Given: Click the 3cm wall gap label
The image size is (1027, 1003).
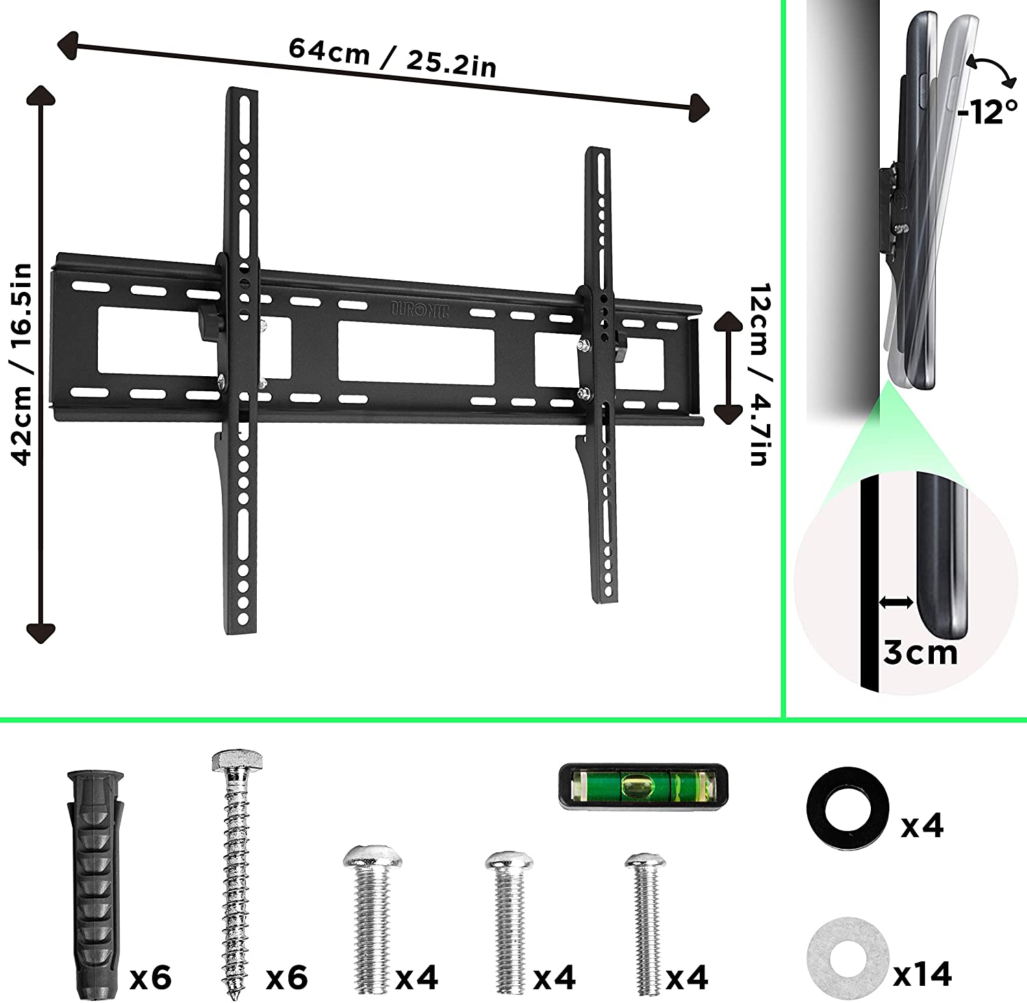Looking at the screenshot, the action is point(920,652).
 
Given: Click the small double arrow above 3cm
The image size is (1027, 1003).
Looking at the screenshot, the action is point(896,602).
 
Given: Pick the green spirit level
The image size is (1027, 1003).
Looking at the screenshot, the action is point(644,786).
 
